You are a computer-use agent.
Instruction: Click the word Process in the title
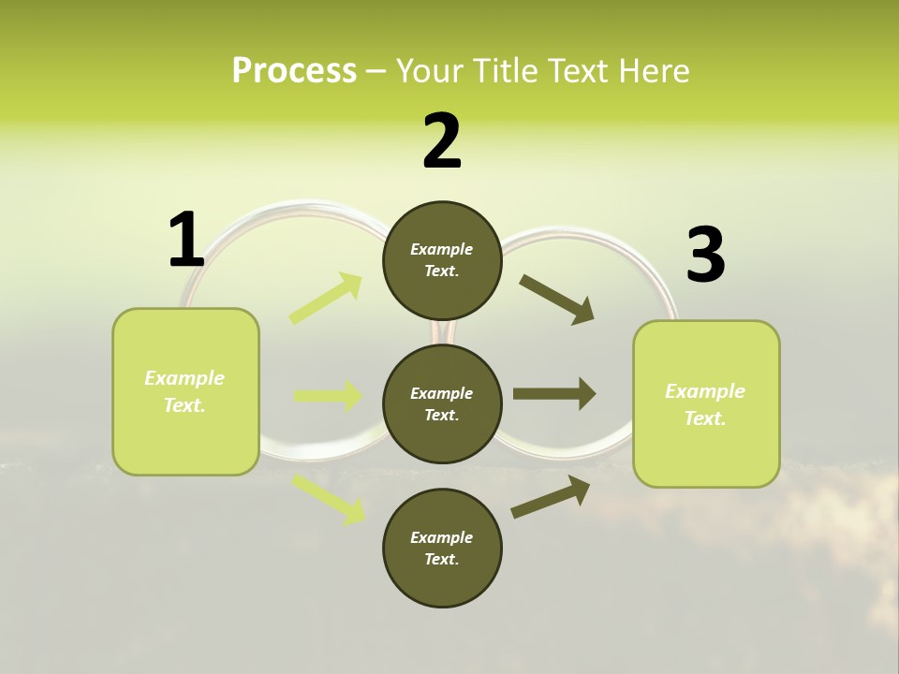point(294,71)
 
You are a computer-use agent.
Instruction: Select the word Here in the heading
point(653,71)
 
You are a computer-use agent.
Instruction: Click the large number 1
point(185,240)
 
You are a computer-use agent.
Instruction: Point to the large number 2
point(442,141)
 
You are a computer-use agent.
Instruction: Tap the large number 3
point(705,256)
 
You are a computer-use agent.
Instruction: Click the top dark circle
point(442,260)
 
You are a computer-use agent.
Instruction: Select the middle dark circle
point(442,404)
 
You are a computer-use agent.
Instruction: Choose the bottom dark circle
point(442,549)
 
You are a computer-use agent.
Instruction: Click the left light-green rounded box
point(185,391)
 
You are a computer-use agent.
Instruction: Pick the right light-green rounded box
point(706,404)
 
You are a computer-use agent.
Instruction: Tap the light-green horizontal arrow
point(328,396)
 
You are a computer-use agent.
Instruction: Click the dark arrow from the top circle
point(556,300)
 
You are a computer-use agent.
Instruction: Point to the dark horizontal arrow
point(554,394)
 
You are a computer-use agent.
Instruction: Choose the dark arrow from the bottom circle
point(551,496)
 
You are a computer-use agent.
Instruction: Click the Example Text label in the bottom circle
point(442,549)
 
